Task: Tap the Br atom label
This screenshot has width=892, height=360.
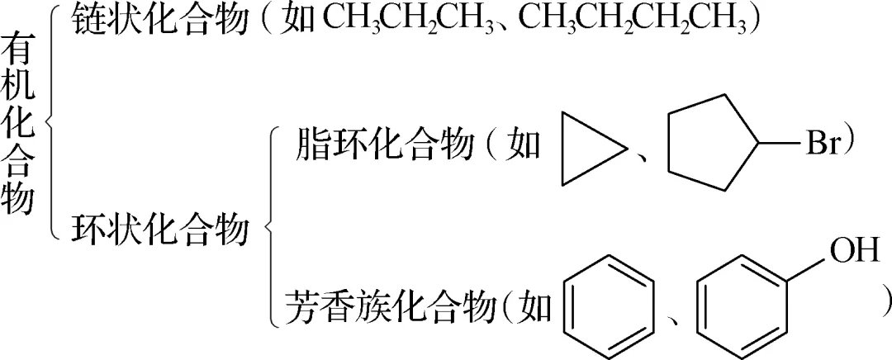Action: (823, 146)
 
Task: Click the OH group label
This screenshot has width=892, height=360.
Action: (855, 249)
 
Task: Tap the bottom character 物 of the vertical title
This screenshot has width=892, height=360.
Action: (18, 198)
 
